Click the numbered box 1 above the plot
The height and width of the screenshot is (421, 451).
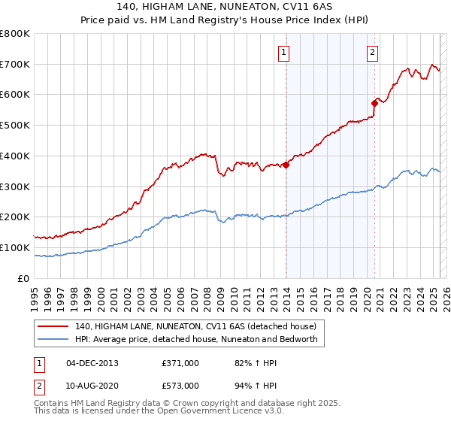[284, 53]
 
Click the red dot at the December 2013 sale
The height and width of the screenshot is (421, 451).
[286, 165]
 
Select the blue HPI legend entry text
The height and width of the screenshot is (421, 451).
[197, 339]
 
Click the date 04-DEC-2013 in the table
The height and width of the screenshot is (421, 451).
[92, 363]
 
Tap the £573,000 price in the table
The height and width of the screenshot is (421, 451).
[180, 386]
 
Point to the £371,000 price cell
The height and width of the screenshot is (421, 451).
[180, 363]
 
